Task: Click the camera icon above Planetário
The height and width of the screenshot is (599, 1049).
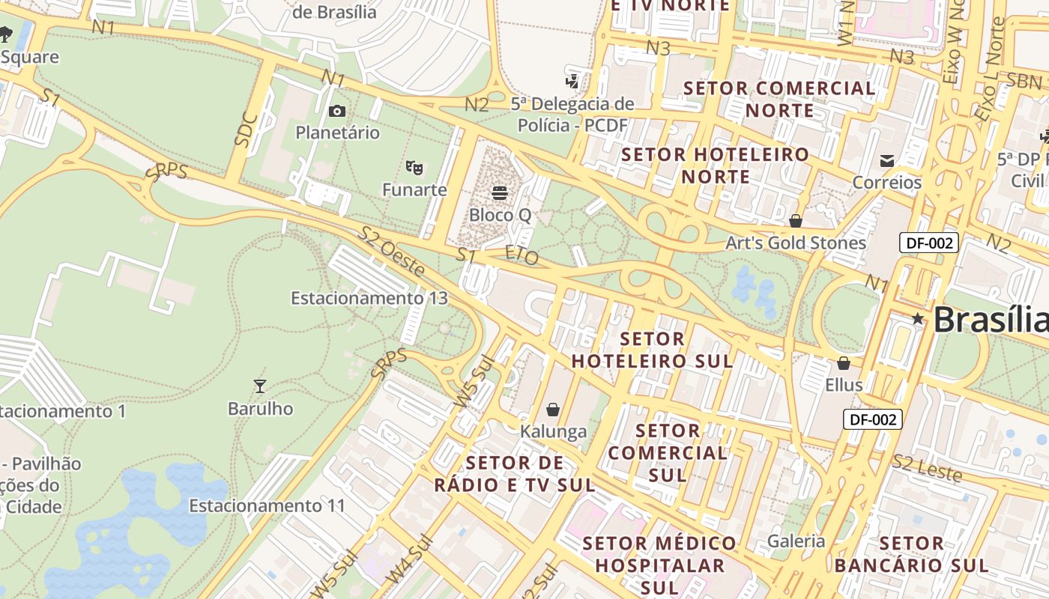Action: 337,112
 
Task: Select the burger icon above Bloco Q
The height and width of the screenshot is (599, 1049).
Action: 500,193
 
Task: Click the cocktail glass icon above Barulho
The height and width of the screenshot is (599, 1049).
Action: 260,386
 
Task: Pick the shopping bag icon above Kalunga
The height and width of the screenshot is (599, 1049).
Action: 553,410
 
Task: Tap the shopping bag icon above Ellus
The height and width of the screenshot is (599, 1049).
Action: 844,363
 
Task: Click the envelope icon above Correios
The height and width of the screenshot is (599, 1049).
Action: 887,160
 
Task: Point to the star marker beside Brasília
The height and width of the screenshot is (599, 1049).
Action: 918,319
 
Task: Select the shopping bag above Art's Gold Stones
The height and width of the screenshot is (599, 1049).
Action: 796,221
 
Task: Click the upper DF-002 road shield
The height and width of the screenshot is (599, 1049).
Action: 929,243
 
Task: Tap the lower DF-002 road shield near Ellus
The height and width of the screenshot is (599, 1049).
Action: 873,419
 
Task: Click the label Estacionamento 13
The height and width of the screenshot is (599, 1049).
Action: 369,298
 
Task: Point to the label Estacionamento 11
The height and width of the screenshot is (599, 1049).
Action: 267,505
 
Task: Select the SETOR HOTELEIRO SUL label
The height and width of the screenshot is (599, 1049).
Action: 652,350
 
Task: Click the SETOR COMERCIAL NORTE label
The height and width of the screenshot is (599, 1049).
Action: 779,99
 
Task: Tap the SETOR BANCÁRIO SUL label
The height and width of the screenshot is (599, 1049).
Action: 912,554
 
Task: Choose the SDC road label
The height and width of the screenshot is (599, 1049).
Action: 247,129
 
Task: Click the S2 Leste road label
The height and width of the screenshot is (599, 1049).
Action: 927,468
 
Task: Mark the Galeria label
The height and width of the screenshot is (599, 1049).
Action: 796,541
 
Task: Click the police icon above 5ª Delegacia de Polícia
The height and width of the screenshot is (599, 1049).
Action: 572,81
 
